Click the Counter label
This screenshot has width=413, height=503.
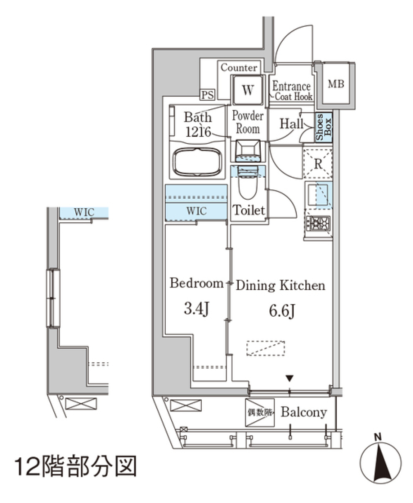pyautogui.click(x=239, y=68)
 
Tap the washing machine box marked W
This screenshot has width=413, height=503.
pyautogui.click(x=247, y=90)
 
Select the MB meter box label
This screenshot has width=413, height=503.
pyautogui.click(x=336, y=84)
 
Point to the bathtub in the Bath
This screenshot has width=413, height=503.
pyautogui.click(x=197, y=162)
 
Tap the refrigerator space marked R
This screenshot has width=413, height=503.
pyautogui.click(x=318, y=163)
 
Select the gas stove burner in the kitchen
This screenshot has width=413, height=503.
pyautogui.click(x=318, y=223)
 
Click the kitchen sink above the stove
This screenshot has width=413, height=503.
pyautogui.click(x=318, y=194)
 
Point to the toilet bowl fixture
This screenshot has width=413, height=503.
pyautogui.click(x=248, y=185)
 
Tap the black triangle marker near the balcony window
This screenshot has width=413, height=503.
pyautogui.click(x=290, y=379)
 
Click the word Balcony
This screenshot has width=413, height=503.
pyautogui.click(x=304, y=412)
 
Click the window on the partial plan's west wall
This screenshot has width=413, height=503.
pyautogui.click(x=53, y=298)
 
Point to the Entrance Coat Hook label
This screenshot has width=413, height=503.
pyautogui.click(x=291, y=91)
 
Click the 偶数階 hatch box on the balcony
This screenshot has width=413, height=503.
pyautogui.click(x=259, y=413)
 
